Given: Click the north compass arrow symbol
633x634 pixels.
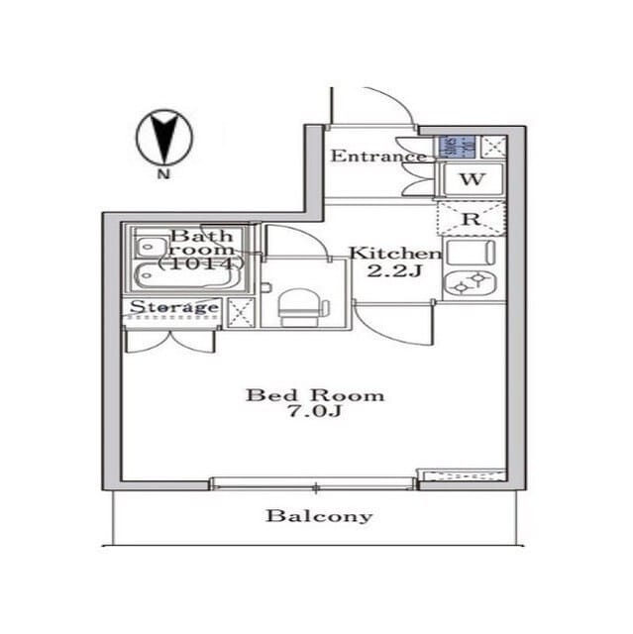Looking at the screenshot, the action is (162, 137).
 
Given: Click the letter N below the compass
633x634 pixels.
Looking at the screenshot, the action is (161, 175).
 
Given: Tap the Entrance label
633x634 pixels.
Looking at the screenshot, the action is (377, 157).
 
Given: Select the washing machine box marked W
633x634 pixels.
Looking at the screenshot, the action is (472, 180).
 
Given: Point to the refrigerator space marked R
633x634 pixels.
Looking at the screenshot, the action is (472, 219).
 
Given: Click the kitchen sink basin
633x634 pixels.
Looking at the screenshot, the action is (471, 252).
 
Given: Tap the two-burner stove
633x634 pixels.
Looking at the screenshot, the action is (471, 284).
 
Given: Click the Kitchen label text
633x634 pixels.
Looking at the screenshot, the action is (393, 254).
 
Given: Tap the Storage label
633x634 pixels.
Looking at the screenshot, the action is (174, 307).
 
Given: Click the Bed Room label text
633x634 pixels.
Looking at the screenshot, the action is (315, 395).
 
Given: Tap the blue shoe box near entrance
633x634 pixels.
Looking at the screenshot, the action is (450, 148).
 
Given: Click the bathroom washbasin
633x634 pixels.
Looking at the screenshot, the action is (150, 244).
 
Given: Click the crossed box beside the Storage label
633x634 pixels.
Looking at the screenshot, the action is (241, 311).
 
